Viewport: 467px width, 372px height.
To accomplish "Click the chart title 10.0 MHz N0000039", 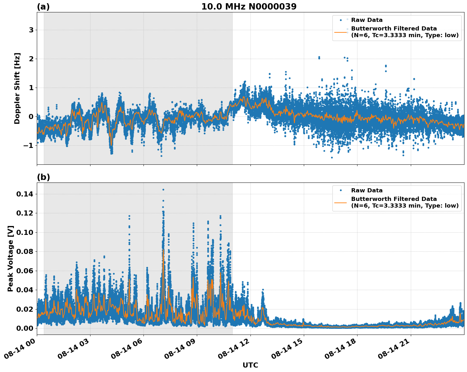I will click(249, 7).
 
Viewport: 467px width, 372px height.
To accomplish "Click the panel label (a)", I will click(43, 7).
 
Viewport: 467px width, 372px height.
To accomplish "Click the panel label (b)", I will click(43, 177).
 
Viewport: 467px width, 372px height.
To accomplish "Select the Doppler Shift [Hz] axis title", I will click(17, 88).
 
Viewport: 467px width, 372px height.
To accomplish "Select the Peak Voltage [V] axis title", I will click(10, 258).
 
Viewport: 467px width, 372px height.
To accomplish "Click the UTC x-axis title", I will click(250, 365).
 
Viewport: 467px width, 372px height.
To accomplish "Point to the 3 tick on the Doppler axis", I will click(31, 30).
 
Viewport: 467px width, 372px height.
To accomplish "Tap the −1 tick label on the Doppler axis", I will click(29, 146).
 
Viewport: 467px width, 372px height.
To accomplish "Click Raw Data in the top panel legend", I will click(367, 20).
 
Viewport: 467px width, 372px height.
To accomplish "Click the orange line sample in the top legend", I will click(341, 32).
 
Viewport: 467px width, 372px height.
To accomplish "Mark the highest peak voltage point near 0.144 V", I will click(163, 189).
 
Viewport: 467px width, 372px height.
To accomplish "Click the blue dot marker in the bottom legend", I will click(341, 190).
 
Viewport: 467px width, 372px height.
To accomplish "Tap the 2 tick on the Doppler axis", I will click(31, 59).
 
